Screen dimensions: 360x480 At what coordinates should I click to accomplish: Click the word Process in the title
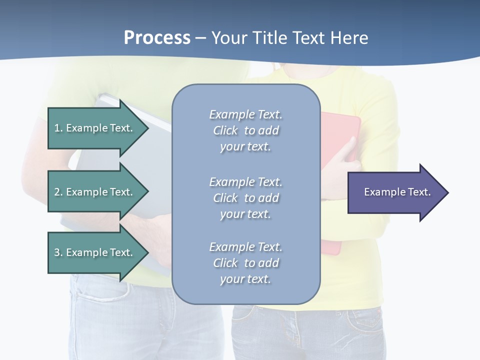pyautogui.click(x=157, y=38)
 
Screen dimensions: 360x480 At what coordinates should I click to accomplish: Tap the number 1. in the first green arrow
pyautogui.click(x=58, y=128)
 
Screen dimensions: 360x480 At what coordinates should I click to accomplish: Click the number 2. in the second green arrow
pyautogui.click(x=58, y=192)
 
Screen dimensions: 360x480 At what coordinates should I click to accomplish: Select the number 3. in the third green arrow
pyautogui.click(x=58, y=252)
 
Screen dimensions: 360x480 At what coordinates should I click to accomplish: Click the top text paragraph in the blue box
pyautogui.click(x=245, y=130)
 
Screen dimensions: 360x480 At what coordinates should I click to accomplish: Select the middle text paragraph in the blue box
pyautogui.click(x=245, y=198)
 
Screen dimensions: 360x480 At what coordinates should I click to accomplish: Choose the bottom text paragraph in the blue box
pyautogui.click(x=245, y=263)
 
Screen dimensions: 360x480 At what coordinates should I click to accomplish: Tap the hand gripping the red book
pyautogui.click(x=345, y=162)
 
